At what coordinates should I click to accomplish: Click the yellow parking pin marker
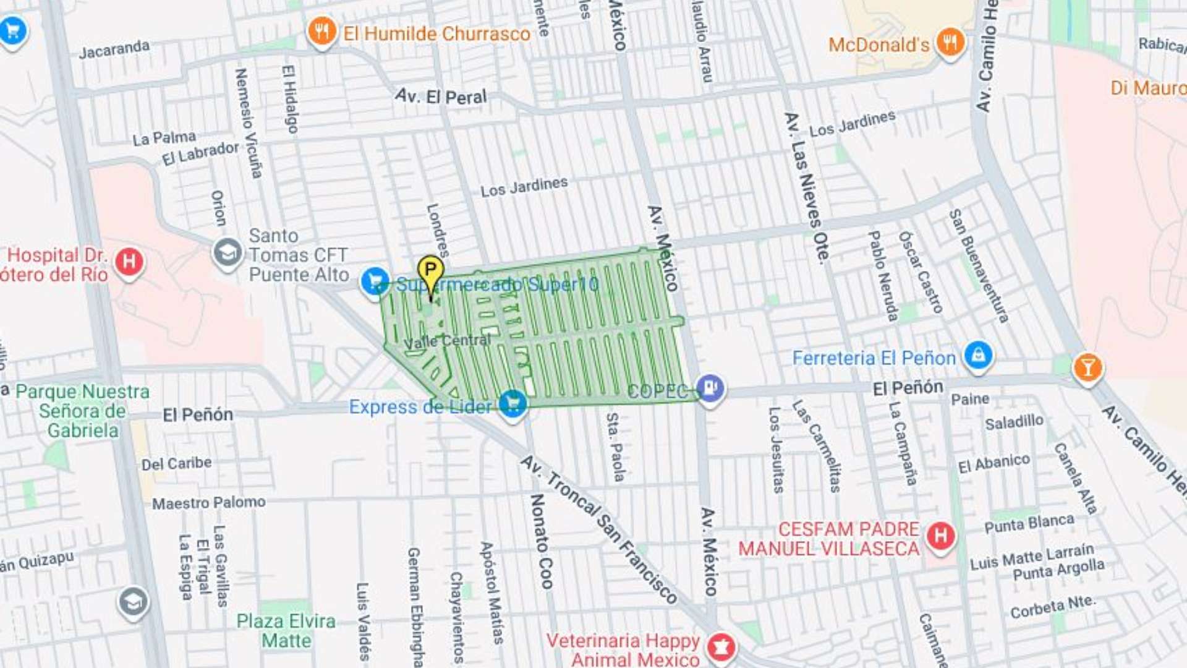pos(430,271)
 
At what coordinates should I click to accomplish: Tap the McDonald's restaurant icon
pos(950,42)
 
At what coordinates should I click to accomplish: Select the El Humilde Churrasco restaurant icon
pos(321,31)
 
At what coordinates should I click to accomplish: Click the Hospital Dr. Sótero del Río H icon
pos(129,262)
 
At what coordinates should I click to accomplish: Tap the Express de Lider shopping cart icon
pos(513,404)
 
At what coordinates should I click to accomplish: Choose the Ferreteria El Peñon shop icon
pos(978,356)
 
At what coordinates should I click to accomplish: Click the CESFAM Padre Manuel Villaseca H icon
pos(940,536)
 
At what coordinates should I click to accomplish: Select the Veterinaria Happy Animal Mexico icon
pos(721,647)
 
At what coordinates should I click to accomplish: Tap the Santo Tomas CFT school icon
pos(228,253)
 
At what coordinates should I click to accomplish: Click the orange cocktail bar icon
pos(1087,368)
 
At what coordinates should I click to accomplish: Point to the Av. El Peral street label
pos(441,96)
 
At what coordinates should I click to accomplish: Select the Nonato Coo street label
pos(540,541)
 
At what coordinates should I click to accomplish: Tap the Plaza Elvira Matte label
pos(286,630)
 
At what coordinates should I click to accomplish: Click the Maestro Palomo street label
pos(209,503)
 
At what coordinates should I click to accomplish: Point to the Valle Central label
pos(446,341)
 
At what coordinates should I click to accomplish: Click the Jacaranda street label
pos(114,49)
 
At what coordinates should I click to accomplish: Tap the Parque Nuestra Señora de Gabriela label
pos(82,411)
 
